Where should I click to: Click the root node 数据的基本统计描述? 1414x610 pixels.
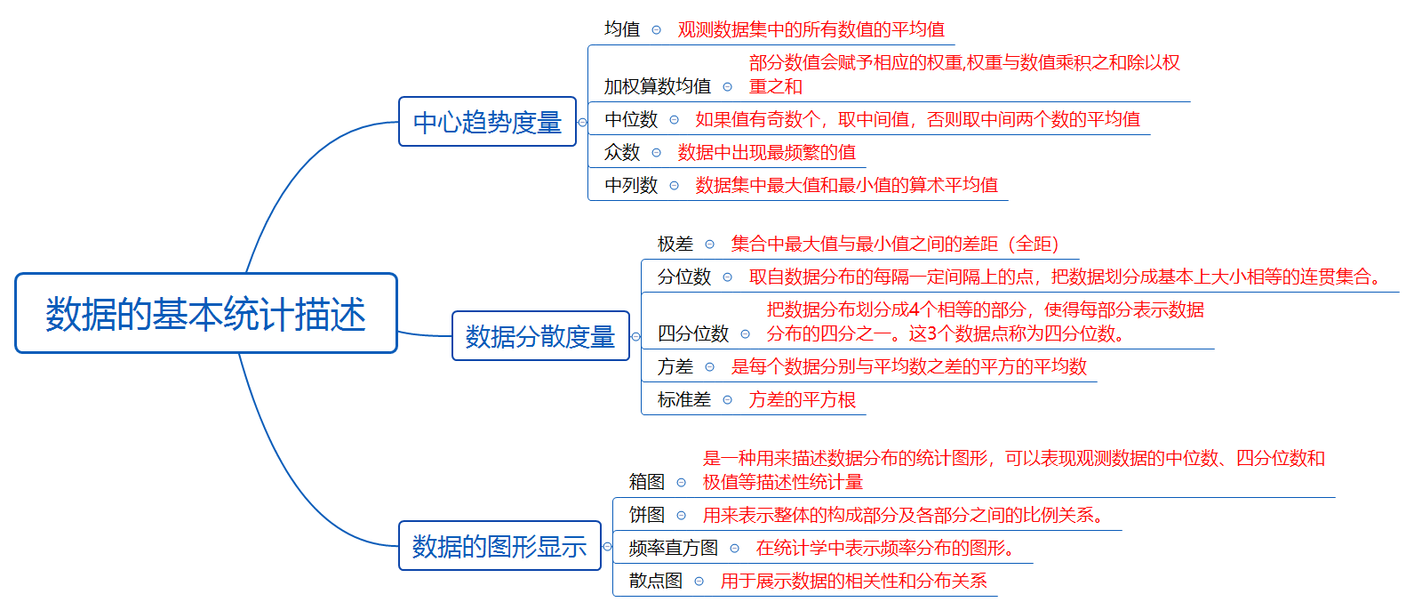tap(205, 314)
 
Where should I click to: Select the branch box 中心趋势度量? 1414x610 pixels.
tap(487, 122)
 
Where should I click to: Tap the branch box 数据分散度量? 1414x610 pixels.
tap(540, 336)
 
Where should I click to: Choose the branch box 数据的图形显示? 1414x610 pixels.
tap(499, 546)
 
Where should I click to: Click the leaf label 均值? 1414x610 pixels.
tap(622, 29)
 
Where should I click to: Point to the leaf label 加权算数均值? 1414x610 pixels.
tap(658, 86)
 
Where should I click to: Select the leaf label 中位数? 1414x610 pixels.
tap(631, 119)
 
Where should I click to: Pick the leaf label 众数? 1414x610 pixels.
tap(622, 152)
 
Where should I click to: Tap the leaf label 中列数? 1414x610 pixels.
tap(631, 185)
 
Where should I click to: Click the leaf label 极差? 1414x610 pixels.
tap(675, 244)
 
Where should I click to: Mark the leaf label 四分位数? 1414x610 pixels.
tap(693, 333)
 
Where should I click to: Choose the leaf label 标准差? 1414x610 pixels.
tap(684, 399)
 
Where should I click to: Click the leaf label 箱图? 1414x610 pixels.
tap(647, 482)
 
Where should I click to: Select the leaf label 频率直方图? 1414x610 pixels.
tap(674, 548)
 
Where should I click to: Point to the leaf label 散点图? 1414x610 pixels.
tap(656, 581)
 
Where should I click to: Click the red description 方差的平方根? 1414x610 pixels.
tap(803, 399)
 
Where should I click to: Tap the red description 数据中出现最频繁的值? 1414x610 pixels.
tap(767, 152)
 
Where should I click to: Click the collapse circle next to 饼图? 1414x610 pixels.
tap(682, 516)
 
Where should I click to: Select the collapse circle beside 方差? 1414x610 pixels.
tap(710, 367)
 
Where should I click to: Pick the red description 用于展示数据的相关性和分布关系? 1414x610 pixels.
tap(854, 581)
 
